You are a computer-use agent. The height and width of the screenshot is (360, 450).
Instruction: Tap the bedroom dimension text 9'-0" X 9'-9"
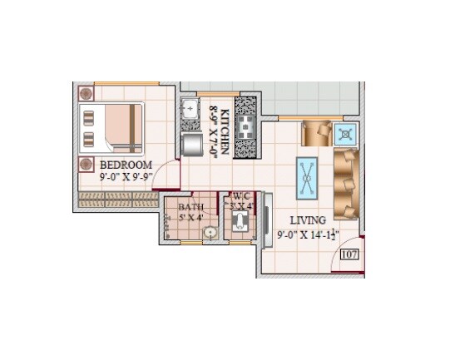tap(126, 176)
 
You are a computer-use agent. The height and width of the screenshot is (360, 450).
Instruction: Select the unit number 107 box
tap(349, 255)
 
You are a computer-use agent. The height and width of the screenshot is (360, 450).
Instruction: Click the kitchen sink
tap(190, 108)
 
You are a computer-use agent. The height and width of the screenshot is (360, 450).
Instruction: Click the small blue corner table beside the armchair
tap(346, 133)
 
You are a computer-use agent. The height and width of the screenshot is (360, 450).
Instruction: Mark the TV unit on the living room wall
tap(265, 218)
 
